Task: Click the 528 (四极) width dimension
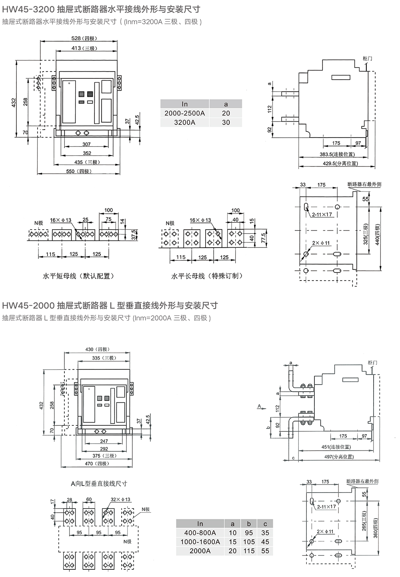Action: (x=81, y=38)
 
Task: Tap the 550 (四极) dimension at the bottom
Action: (x=79, y=171)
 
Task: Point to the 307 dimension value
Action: (x=86, y=144)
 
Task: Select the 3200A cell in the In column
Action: (x=184, y=122)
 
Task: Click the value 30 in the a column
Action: (x=226, y=122)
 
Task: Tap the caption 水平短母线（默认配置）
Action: (x=79, y=276)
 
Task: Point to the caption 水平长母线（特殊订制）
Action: (x=207, y=276)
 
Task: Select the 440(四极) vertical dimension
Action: (x=378, y=234)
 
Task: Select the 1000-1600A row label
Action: (x=200, y=542)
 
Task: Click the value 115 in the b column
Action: (x=249, y=551)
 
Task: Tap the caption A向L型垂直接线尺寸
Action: (x=99, y=483)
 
